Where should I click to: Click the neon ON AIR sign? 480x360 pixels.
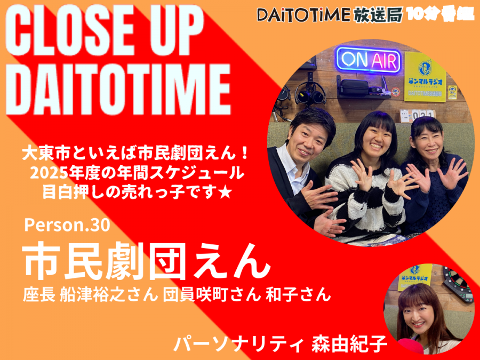point(369,60)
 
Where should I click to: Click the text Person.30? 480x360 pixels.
point(67,225)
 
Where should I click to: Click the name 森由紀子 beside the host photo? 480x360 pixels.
point(349,343)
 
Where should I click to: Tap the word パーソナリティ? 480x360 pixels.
point(239,343)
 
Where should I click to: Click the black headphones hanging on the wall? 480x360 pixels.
point(310,94)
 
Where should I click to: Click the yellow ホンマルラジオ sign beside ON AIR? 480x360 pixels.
point(425,77)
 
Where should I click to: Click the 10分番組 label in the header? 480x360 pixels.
point(440,14)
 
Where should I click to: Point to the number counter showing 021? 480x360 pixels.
point(423,115)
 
